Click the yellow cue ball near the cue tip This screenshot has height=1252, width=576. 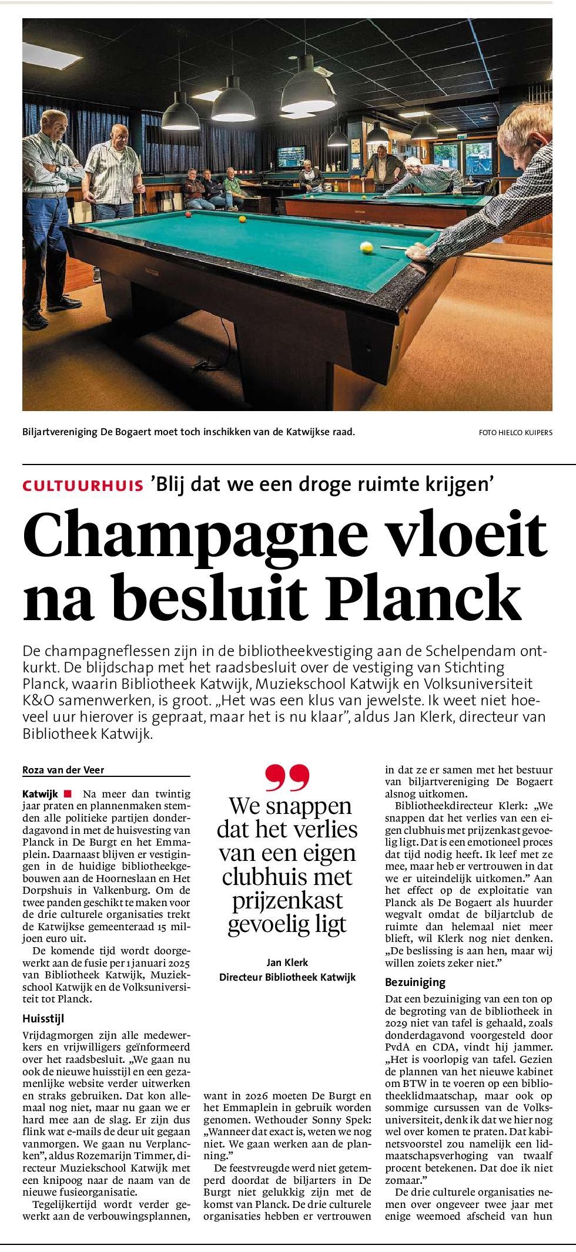[x=366, y=248]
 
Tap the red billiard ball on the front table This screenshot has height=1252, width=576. [x=188, y=214]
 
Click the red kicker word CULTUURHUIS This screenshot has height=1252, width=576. [x=83, y=486]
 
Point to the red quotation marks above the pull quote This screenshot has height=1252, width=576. [x=287, y=778]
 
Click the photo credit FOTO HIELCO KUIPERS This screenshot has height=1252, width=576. [x=515, y=433]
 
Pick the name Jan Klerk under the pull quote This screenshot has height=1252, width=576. [x=287, y=962]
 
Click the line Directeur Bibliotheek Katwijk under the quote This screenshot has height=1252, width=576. [x=287, y=977]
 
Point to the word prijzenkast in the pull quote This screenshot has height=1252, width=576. [x=287, y=900]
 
